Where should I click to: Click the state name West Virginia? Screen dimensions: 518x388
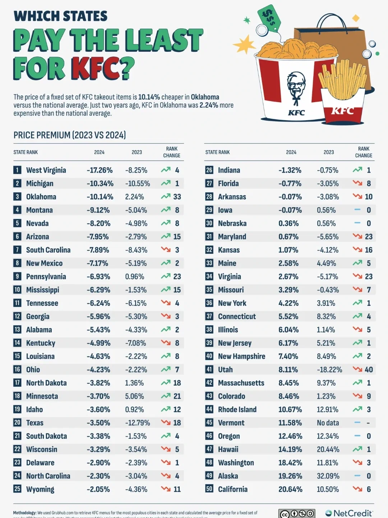pyautogui.click(x=46, y=170)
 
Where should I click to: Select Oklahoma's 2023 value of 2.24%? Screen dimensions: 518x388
pyautogui.click(x=134, y=197)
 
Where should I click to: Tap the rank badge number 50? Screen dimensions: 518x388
pyautogui.click(x=209, y=489)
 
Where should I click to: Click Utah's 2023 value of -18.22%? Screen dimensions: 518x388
pyautogui.click(x=329, y=369)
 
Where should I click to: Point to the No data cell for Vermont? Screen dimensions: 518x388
pyautogui.click(x=328, y=423)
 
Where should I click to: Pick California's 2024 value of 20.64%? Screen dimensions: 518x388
pyautogui.click(x=290, y=489)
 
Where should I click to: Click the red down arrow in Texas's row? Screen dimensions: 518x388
pyautogui.click(x=166, y=422)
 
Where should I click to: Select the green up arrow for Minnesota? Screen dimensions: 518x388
pyautogui.click(x=166, y=396)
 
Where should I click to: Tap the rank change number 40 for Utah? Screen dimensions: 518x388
pyautogui.click(x=369, y=369)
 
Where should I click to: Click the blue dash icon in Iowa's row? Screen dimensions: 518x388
pyautogui.click(x=357, y=209)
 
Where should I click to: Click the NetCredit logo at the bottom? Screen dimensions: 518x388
pyautogui.click(x=349, y=513)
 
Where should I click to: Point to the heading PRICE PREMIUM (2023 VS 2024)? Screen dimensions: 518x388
pyautogui.click(x=70, y=135)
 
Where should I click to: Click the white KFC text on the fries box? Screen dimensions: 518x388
pyautogui.click(x=342, y=111)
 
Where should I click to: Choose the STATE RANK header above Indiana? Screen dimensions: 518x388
pyautogui.click(x=217, y=152)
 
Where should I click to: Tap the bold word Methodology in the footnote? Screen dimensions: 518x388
pyautogui.click(x=24, y=513)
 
